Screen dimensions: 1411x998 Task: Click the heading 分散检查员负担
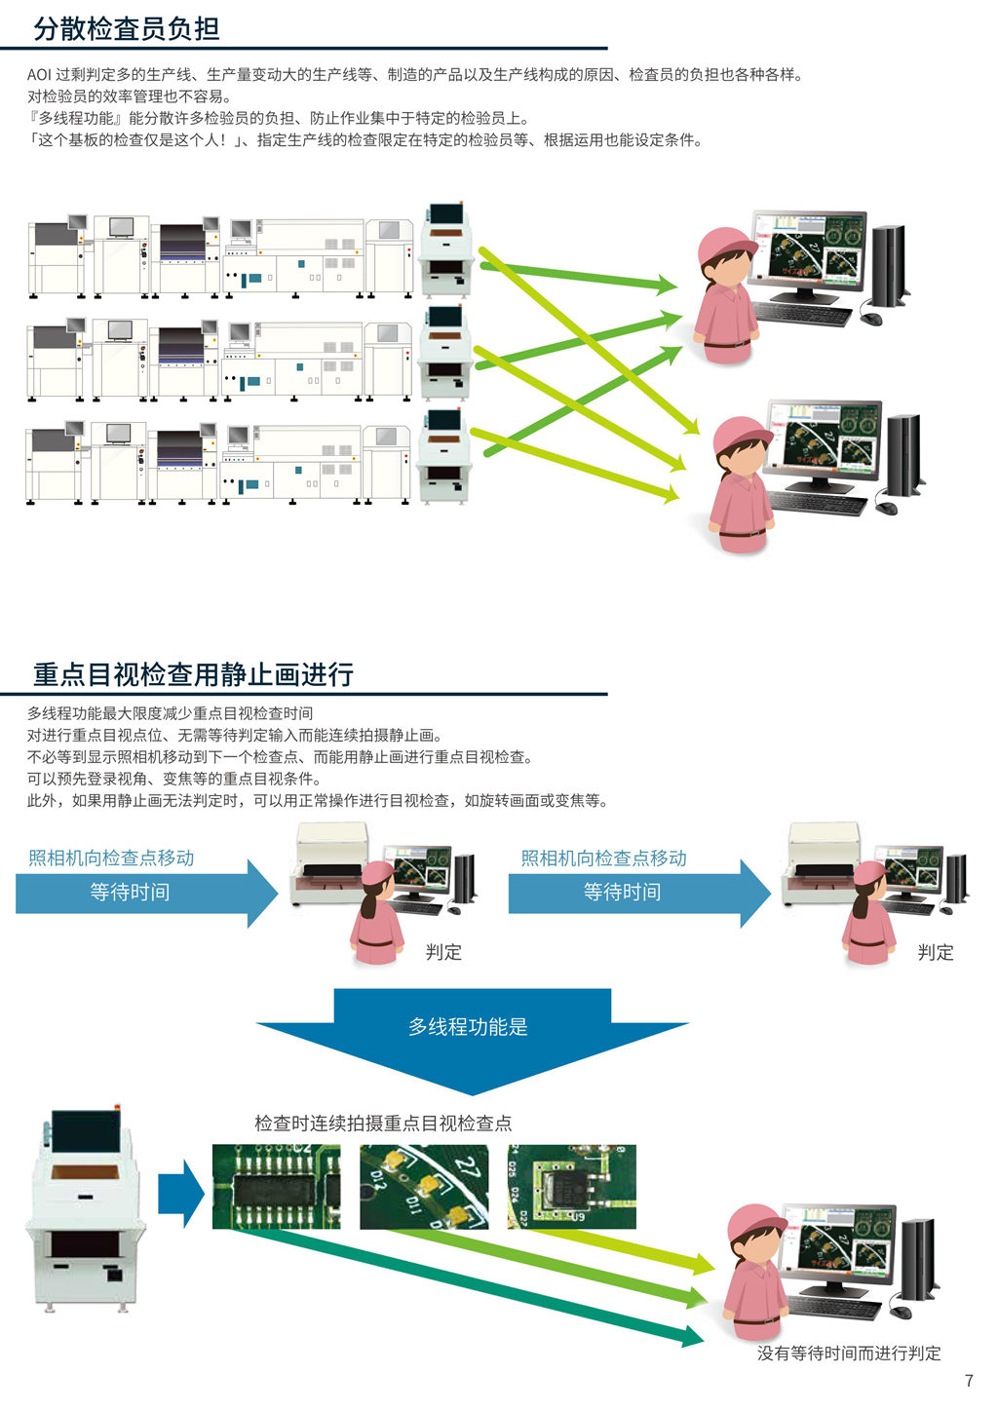click(x=127, y=28)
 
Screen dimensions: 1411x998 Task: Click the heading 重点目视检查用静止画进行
click(x=193, y=674)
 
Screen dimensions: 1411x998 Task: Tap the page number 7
click(x=969, y=1381)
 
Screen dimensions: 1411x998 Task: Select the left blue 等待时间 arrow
click(x=146, y=893)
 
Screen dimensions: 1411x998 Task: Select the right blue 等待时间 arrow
click(x=638, y=893)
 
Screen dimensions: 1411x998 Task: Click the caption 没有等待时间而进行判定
click(x=849, y=1354)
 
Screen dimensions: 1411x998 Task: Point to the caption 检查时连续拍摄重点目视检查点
click(x=383, y=1124)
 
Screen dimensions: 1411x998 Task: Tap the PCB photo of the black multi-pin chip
click(x=277, y=1187)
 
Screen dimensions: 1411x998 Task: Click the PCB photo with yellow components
click(x=424, y=1187)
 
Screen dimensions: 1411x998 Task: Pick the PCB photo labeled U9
click(x=571, y=1187)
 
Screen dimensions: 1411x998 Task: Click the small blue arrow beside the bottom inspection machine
click(x=180, y=1194)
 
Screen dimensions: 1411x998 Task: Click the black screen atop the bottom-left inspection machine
click(x=86, y=1131)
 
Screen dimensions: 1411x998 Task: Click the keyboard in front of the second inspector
click(x=817, y=504)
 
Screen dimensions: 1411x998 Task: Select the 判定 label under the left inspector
click(x=443, y=952)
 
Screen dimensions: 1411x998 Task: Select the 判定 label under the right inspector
click(x=936, y=952)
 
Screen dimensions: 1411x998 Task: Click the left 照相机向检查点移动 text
click(x=111, y=858)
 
